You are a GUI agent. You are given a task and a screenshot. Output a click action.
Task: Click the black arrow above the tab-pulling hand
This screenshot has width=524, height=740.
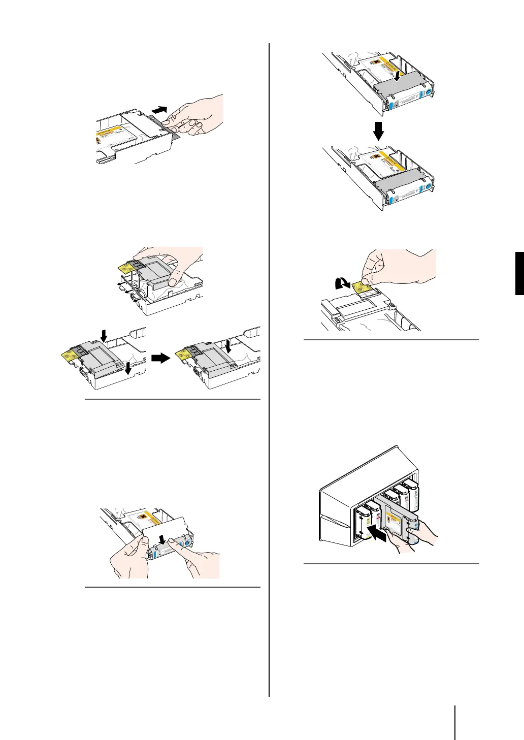159,109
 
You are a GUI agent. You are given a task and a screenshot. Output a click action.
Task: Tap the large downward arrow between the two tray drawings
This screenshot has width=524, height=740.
378,131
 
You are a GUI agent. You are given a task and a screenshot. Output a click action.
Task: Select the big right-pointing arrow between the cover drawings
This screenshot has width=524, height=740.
162,358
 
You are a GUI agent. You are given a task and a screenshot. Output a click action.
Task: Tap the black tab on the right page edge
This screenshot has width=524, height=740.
519,273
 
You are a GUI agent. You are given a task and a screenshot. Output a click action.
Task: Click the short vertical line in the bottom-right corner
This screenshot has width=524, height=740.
455,722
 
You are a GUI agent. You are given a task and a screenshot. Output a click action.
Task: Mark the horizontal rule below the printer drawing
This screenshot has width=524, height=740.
391,563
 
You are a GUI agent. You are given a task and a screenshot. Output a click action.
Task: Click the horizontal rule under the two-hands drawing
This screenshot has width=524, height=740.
172,588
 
